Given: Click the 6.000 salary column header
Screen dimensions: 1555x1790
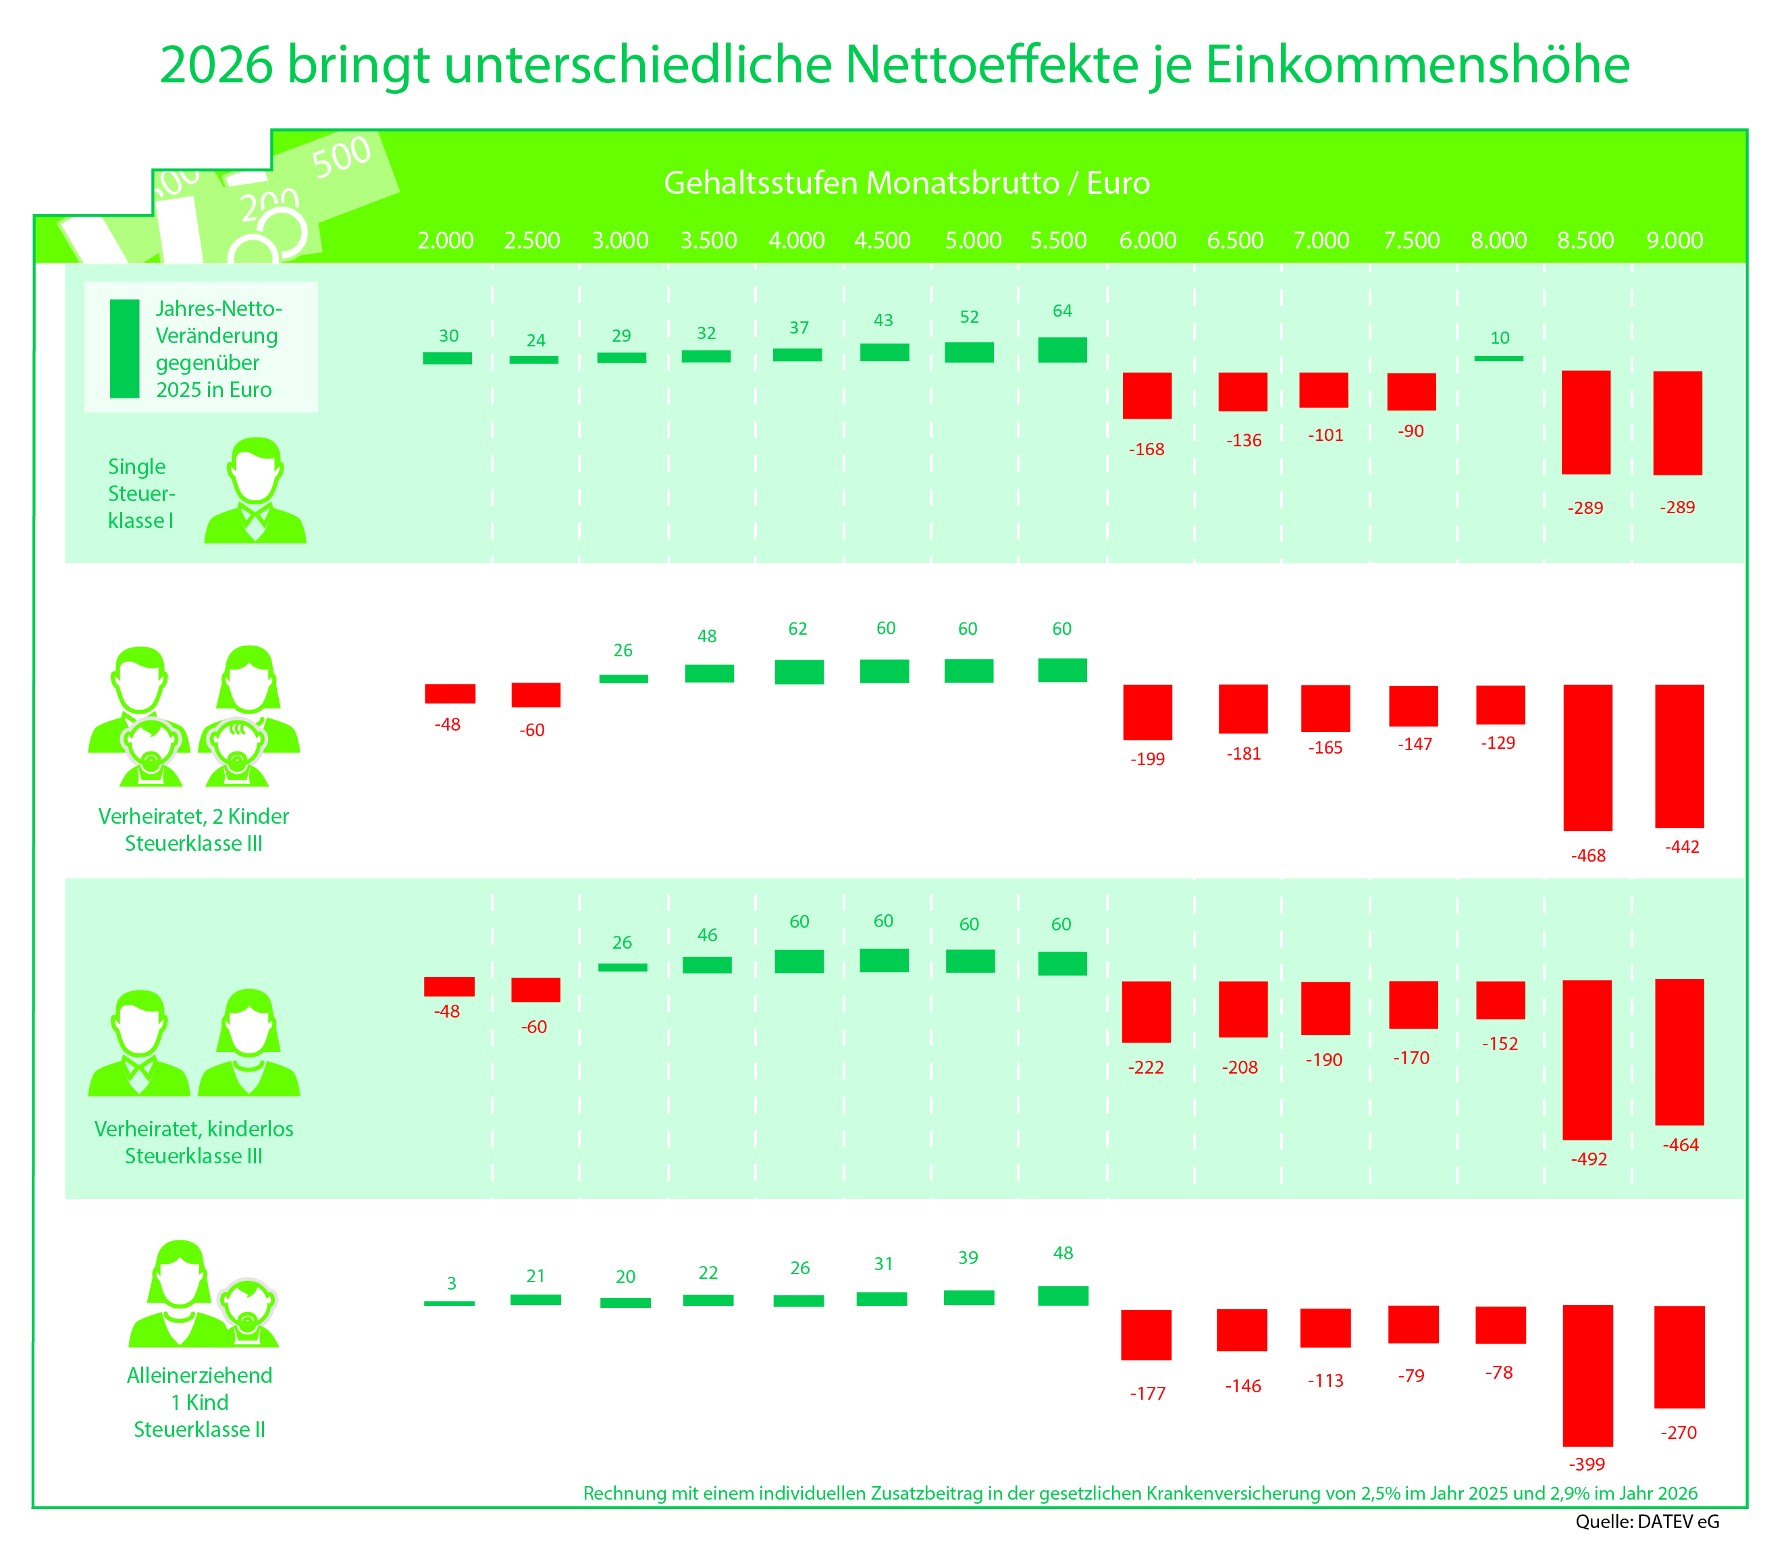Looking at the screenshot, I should (x=1147, y=240).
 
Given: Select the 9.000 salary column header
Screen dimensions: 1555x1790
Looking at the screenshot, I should (x=1675, y=240).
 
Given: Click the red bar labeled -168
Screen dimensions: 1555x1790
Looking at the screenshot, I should (x=1147, y=396).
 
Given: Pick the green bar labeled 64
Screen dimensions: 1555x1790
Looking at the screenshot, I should (x=1062, y=350).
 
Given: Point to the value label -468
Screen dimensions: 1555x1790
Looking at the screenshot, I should (x=1588, y=855).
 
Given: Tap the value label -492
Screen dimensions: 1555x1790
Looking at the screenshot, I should (x=1589, y=1159).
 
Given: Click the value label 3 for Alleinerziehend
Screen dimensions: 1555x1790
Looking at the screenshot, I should (x=451, y=1284).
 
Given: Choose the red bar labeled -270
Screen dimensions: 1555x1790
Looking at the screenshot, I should (x=1679, y=1357).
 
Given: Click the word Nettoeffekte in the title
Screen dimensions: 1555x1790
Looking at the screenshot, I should (x=991, y=64).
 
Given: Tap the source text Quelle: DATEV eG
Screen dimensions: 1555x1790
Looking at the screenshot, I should (x=1647, y=1521).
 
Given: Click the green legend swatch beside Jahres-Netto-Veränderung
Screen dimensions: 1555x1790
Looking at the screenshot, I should (x=125, y=349).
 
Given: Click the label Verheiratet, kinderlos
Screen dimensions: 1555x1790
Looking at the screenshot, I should (x=194, y=1129).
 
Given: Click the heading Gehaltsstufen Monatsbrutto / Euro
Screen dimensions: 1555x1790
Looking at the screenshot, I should (x=907, y=183).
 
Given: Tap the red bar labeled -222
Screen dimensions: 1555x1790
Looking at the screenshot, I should (x=1147, y=1011).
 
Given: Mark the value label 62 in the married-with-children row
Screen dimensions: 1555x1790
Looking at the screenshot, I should (x=797, y=629).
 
